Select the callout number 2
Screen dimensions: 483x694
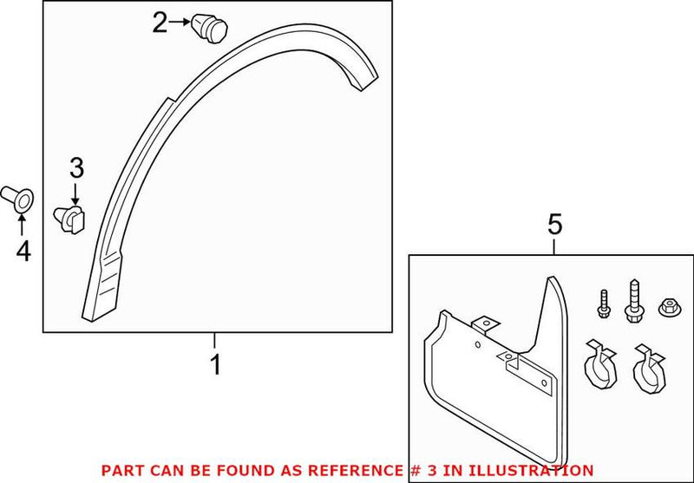[160, 23]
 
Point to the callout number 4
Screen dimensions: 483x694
[23, 251]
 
